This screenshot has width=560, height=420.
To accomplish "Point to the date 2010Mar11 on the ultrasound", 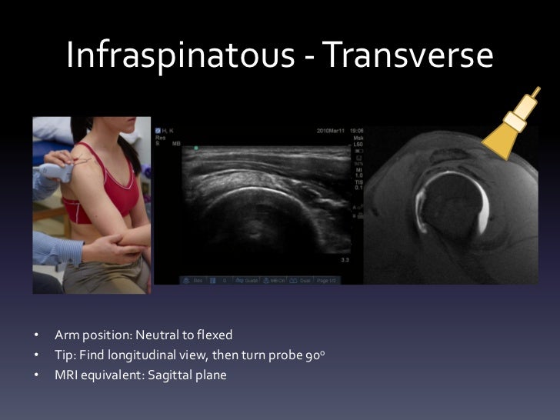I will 332,131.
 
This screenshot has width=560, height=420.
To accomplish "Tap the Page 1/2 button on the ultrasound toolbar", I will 326,280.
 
